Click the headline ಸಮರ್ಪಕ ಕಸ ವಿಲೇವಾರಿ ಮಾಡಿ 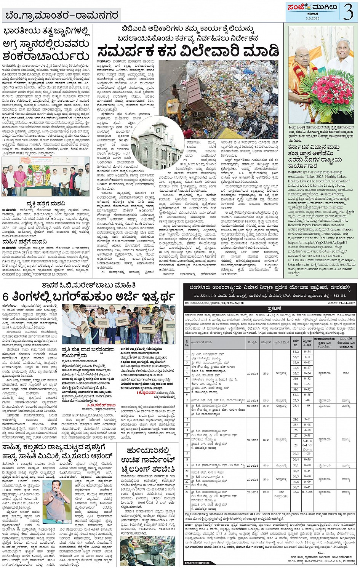[x=188, y=51]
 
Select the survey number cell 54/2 [x=296, y=352]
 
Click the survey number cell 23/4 [x=296, y=406]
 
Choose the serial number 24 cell [x=187, y=492]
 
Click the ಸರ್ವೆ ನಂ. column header [x=296, y=341]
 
